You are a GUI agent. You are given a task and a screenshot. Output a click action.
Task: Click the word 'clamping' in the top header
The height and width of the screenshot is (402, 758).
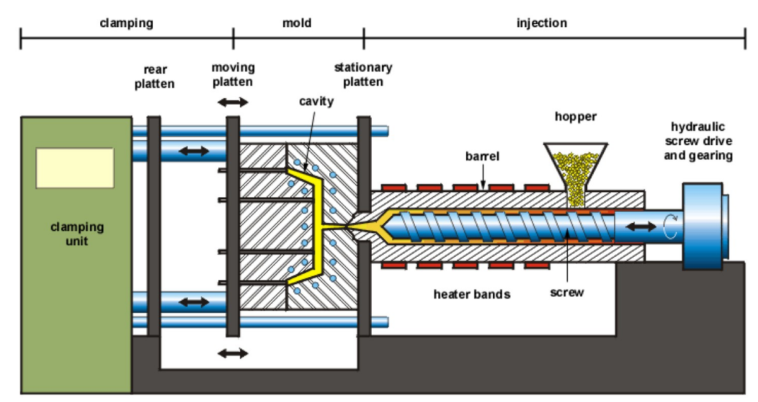point(126,23)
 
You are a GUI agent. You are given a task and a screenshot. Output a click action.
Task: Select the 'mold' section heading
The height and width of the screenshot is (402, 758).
point(297,23)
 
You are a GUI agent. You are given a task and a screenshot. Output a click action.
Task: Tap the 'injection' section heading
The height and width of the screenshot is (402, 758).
point(541,23)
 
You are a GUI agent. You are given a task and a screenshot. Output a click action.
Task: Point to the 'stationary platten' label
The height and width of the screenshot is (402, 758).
point(363,74)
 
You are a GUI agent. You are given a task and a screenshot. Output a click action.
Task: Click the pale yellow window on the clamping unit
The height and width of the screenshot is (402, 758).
point(75,167)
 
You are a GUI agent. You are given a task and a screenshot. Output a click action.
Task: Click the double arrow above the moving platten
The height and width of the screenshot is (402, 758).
point(233,102)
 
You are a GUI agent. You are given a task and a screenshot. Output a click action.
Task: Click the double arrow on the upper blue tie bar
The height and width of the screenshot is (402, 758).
point(193,151)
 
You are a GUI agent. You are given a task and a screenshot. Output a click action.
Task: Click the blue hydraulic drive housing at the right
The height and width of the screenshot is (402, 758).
point(703,226)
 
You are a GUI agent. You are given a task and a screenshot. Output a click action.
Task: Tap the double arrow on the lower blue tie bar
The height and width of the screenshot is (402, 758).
point(193,302)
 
